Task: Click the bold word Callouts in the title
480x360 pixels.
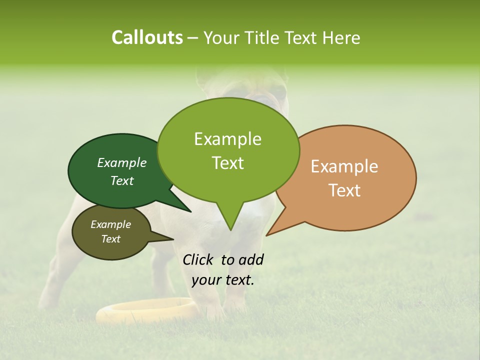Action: [147, 37]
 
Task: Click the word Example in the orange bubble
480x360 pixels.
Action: [344, 166]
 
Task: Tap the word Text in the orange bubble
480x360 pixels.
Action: [344, 190]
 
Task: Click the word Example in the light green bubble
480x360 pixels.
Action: [227, 139]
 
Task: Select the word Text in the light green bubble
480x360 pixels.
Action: [227, 163]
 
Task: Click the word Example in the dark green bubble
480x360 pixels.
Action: [122, 162]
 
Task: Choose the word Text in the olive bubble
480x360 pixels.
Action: [111, 239]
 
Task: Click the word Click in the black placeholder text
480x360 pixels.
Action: [198, 259]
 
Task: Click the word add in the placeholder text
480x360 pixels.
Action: [251, 259]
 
